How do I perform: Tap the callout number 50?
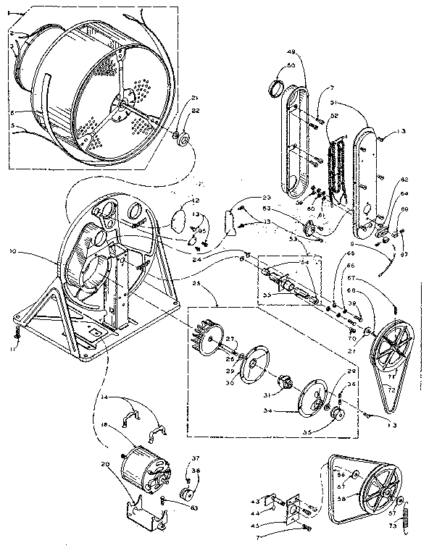(x=291, y=66)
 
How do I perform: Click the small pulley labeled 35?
(x=337, y=415)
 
